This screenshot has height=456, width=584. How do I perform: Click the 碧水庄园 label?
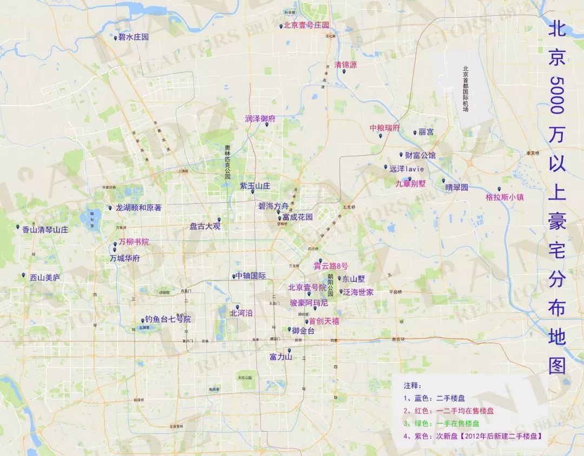tap(134, 37)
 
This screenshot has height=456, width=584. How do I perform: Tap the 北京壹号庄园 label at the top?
tap(307, 25)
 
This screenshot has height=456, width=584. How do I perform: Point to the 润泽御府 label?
tap(260, 118)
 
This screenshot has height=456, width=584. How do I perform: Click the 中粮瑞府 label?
tap(384, 128)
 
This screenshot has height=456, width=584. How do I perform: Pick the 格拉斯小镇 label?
tap(505, 197)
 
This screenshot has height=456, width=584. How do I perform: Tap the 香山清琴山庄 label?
tap(45, 229)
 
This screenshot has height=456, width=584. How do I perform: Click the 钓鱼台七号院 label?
tap(168, 319)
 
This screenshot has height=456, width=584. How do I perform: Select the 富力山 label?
tap(281, 357)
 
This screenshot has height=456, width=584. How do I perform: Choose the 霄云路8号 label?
tap(331, 266)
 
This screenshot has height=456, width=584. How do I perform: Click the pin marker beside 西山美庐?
tap(24, 275)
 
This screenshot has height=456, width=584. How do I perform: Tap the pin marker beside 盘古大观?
tap(219, 220)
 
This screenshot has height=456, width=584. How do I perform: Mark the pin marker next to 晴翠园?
tap(443, 181)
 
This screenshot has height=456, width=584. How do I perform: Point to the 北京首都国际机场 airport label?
tap(465, 89)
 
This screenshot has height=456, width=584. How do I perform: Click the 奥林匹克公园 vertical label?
tap(228, 162)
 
